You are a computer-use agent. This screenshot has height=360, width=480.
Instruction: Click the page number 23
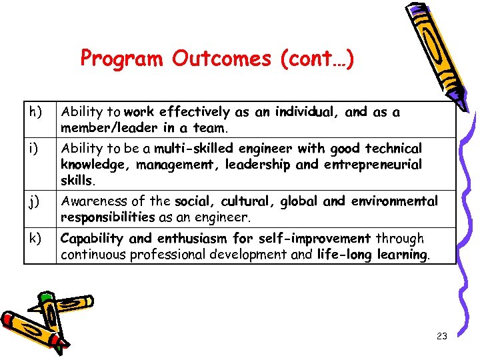441,337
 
